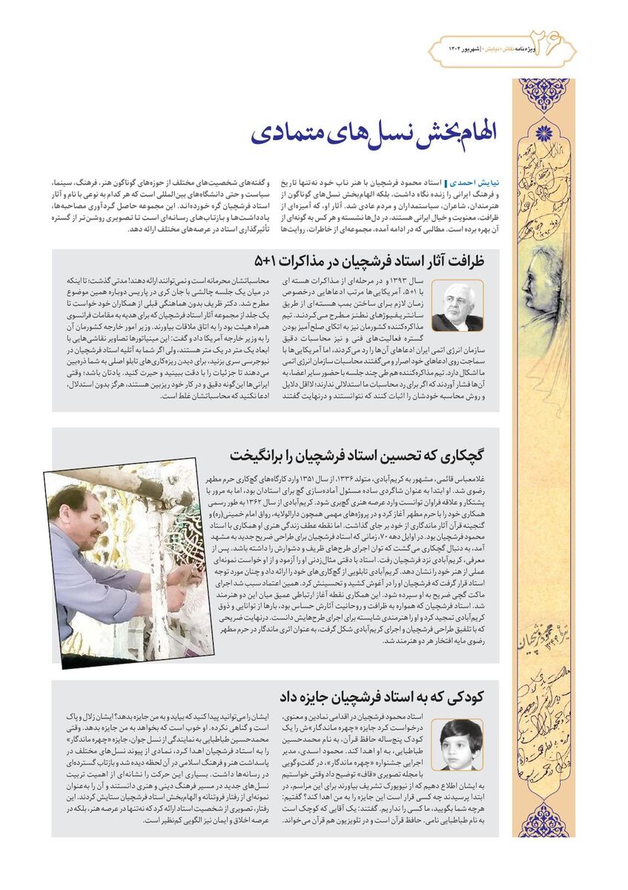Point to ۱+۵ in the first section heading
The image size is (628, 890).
point(265,261)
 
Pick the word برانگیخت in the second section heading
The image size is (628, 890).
point(260,455)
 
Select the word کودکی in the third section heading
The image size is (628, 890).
point(463,696)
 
